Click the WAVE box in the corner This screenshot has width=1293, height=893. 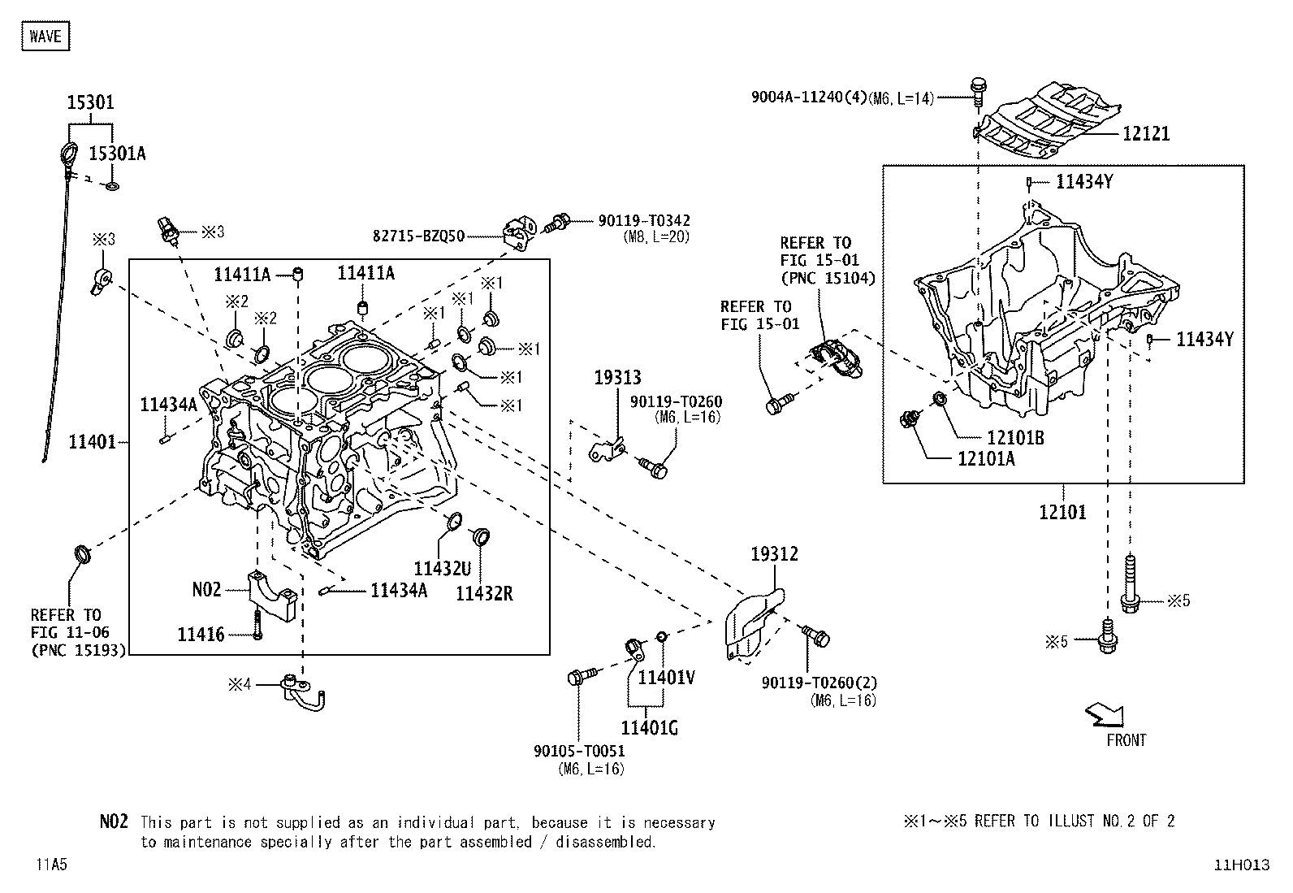[x=45, y=36]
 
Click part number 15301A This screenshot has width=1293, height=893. [x=117, y=154]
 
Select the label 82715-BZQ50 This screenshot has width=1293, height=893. [x=418, y=236]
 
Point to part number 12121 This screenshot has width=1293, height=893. [x=1146, y=134]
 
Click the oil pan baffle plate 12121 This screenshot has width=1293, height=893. [x=1048, y=120]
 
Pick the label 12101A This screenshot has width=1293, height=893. [x=986, y=458]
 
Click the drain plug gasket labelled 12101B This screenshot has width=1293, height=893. [x=939, y=398]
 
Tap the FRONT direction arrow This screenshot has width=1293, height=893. [x=1105, y=715]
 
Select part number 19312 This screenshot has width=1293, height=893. [x=774, y=554]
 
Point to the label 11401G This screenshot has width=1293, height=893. [x=650, y=728]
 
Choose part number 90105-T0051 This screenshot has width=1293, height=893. [x=579, y=751]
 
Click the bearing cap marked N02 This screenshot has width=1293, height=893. [x=272, y=595]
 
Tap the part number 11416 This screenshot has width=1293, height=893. [x=201, y=635]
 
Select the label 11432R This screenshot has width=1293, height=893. [x=484, y=593]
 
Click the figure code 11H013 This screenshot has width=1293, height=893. [x=1242, y=865]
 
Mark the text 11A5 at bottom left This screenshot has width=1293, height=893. [x=51, y=864]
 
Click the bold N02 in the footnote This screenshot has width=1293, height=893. [x=114, y=821]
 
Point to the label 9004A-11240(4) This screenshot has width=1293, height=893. [x=809, y=97]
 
